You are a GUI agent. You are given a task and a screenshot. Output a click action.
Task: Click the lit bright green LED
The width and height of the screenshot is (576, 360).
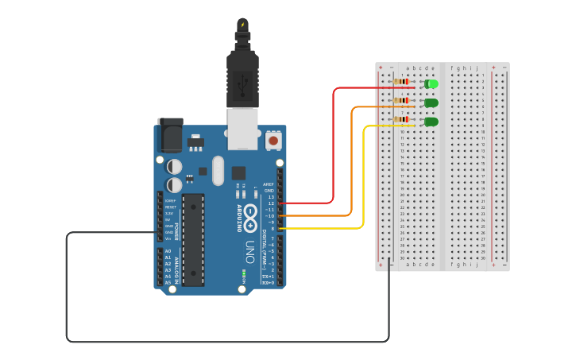coord(431,83)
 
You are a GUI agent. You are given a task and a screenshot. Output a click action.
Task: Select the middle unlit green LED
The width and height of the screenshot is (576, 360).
coord(431,103)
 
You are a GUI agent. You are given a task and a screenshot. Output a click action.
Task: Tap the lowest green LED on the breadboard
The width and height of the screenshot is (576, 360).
coord(431,122)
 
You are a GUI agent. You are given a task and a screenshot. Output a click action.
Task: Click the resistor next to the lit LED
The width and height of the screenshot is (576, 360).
coord(402,81)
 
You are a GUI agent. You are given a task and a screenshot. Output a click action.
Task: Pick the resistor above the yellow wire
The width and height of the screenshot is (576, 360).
coord(402,119)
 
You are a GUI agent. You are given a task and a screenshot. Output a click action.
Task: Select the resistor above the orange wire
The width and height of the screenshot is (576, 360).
coord(402,100)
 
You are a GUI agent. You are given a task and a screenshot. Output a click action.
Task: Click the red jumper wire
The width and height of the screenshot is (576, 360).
coord(333,143)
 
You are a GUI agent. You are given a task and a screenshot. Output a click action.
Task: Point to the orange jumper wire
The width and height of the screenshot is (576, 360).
coord(351,159)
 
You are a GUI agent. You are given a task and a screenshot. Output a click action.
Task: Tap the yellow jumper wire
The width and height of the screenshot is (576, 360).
coord(364,175)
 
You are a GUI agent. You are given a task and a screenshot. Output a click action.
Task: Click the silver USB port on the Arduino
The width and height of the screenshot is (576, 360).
coord(242,127)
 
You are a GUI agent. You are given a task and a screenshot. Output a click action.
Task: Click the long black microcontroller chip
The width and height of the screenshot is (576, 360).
coord(193,239)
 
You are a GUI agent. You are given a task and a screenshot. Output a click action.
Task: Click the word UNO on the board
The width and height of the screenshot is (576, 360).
coord(249,247)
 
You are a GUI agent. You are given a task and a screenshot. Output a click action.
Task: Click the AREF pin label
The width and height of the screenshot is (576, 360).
coord(269,184)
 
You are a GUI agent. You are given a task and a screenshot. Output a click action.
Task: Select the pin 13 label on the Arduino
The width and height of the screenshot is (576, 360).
coord(270,197)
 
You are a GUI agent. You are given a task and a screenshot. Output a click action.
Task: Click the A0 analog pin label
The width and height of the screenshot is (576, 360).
coord(167,251)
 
